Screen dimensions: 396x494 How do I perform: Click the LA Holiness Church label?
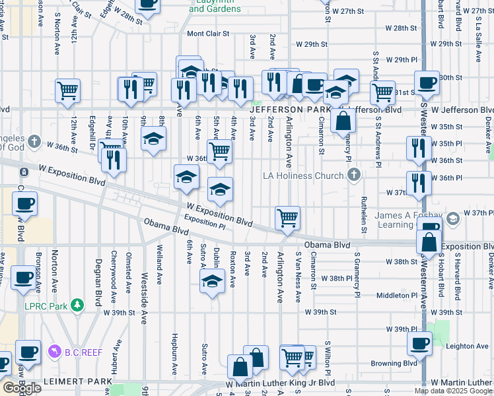pos(303,176)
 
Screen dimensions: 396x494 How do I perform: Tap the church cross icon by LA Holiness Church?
pos(355,176)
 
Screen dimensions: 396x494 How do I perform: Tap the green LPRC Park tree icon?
pos(78,305)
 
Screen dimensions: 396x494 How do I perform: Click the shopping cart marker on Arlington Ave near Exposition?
pos(287,218)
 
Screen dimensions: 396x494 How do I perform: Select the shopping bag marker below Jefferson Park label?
pos(343,121)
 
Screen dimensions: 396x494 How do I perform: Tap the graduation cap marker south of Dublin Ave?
pos(211,282)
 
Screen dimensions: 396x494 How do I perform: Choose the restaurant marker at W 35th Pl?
pos(419,148)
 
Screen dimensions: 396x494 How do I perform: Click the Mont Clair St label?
pos(208,34)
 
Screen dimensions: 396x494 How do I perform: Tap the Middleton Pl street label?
pos(393,296)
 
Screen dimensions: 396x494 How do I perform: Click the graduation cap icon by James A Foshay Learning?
pos(453,218)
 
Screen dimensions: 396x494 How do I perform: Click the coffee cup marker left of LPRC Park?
pos(24,277)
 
